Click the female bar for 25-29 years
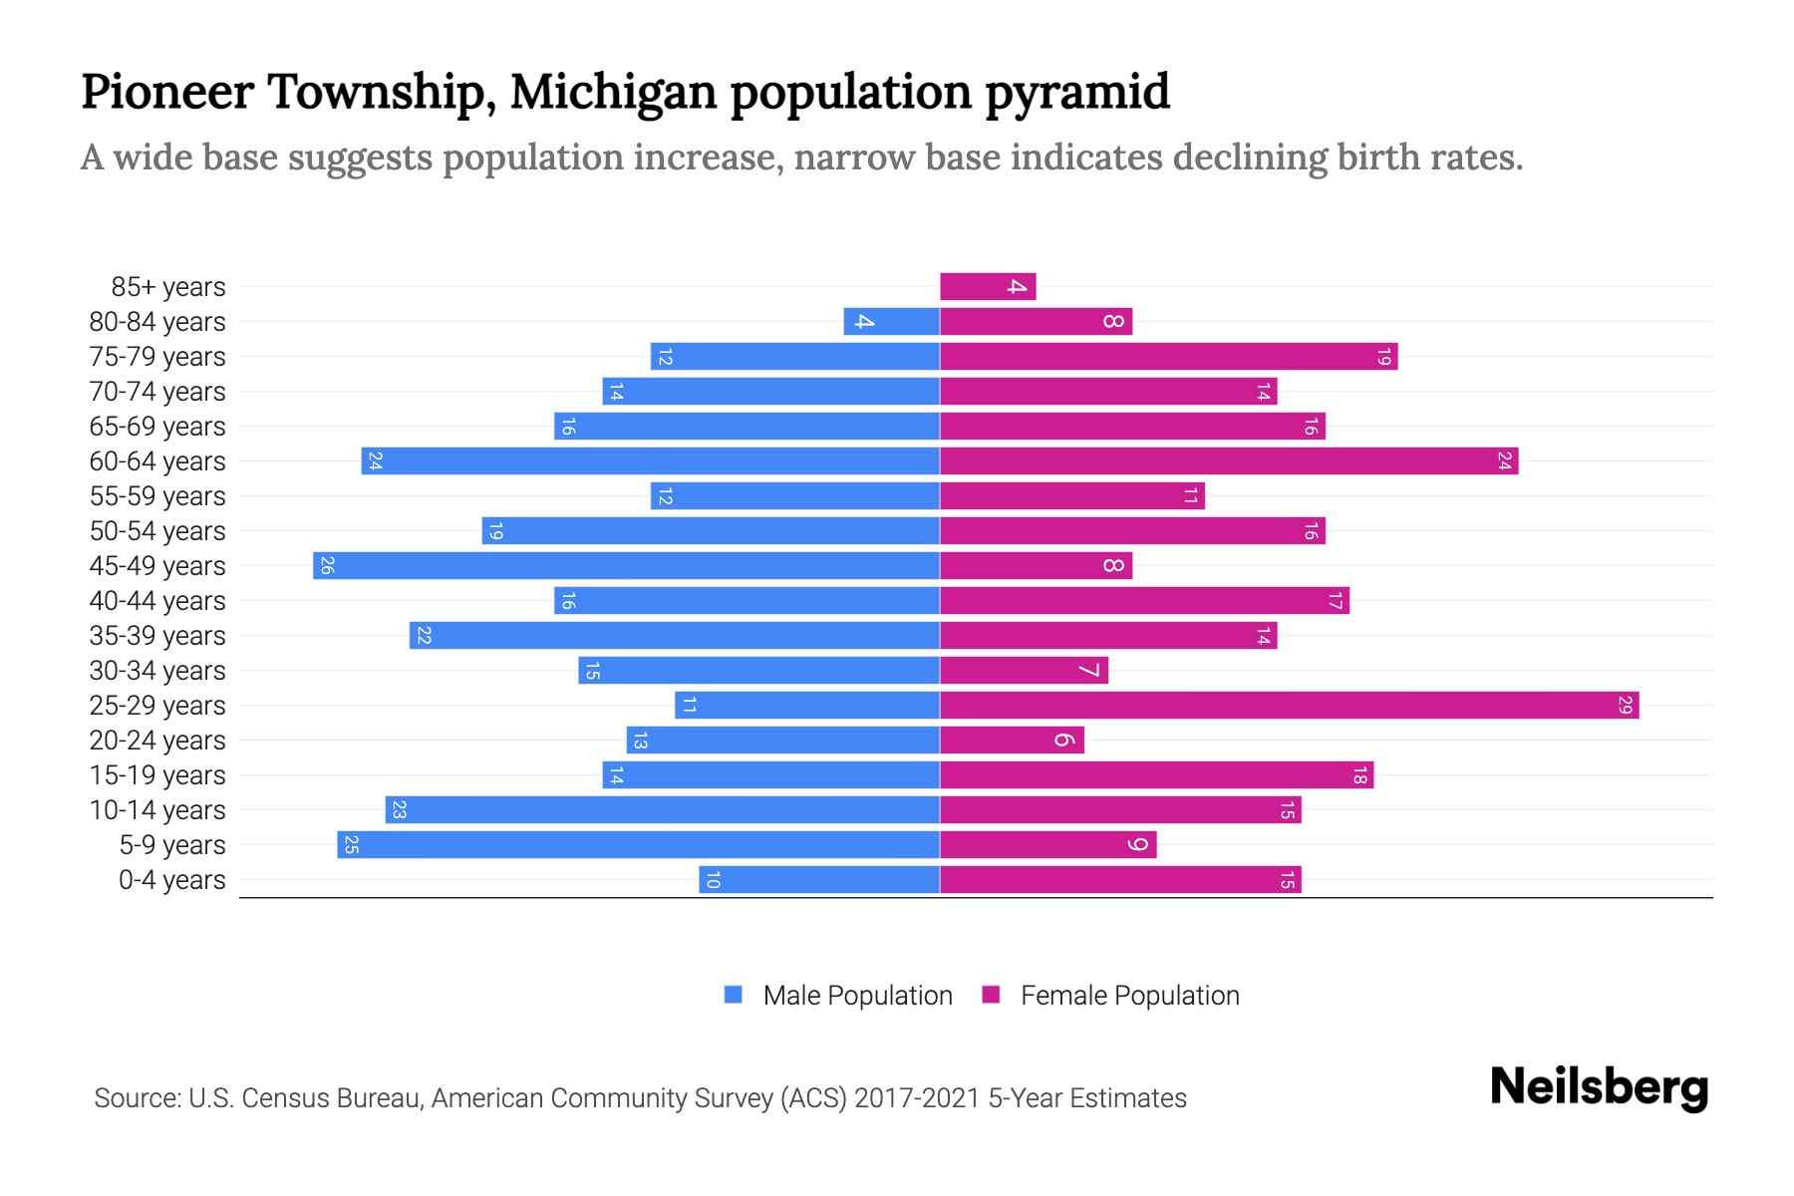point(1289,706)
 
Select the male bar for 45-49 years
point(626,566)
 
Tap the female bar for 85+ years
point(988,287)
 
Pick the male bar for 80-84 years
point(891,322)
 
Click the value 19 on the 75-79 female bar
point(1383,357)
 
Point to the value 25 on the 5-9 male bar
point(351,845)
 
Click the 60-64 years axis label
point(157,461)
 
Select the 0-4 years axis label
point(171,880)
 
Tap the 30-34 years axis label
point(157,671)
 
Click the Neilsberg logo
point(1599,1087)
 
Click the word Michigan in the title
point(613,93)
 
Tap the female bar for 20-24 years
point(1012,741)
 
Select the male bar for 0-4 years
point(818,880)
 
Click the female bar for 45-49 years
point(1036,566)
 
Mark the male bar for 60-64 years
point(650,461)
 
